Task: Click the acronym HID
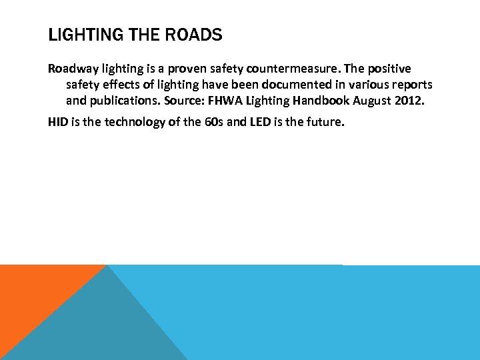[x=57, y=121]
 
